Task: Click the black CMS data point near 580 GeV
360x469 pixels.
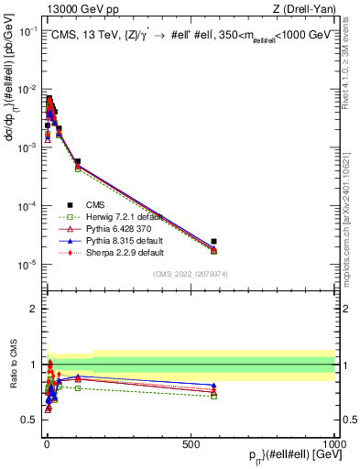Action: pyautogui.click(x=213, y=242)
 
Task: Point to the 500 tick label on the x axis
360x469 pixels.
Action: pyautogui.click(x=191, y=444)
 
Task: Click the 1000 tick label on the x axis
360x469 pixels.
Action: pyautogui.click(x=333, y=444)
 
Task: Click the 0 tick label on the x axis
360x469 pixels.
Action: pyautogui.click(x=46, y=444)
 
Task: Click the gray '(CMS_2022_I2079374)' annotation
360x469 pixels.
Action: pyautogui.click(x=190, y=274)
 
